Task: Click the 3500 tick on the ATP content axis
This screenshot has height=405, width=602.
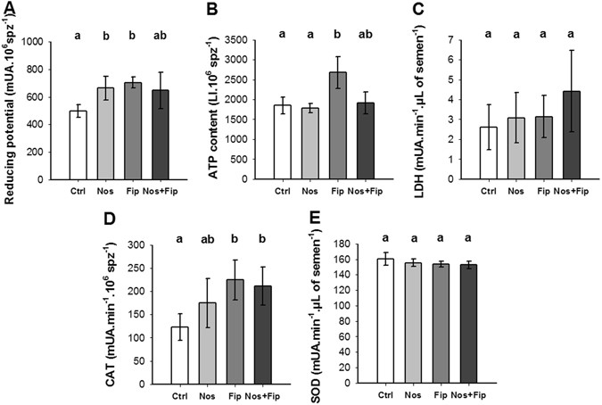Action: click(243, 42)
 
